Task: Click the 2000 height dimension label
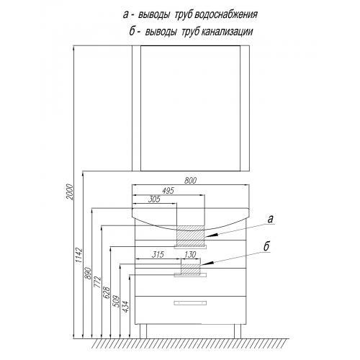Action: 69,192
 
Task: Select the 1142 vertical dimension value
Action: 79,256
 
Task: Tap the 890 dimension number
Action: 89,273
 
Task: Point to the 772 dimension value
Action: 98,283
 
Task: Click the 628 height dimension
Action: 107,292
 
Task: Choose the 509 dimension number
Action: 116,302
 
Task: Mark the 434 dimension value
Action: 125,307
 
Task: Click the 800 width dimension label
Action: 190,181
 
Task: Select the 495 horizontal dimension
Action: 168,191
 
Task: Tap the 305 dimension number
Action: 154,199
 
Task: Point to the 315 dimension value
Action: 158,254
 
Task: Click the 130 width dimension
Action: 190,254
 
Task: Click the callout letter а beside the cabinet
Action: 271,219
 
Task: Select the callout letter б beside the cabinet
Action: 266,246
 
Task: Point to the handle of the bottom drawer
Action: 190,303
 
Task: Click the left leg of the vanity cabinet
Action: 143,331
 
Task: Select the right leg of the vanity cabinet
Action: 238,331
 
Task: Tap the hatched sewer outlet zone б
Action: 190,269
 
